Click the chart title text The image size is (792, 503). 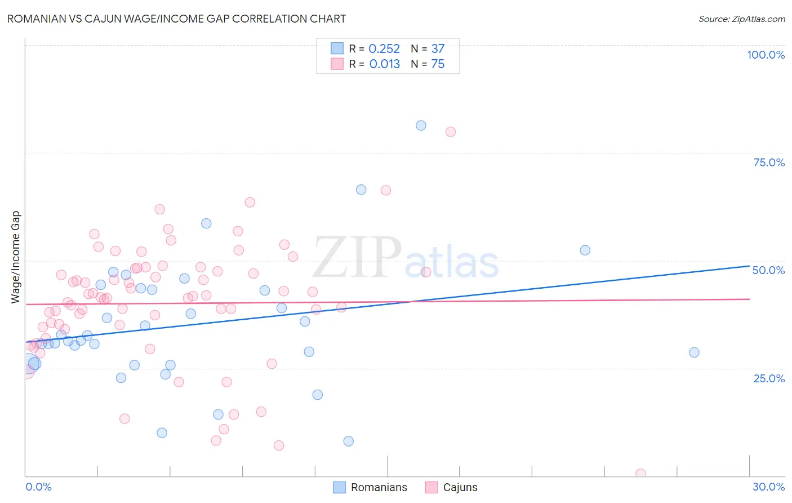tap(176, 19)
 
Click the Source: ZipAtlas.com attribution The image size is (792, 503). tap(741, 19)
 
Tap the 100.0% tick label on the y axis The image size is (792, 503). tap(766, 55)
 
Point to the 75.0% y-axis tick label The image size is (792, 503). tap(769, 162)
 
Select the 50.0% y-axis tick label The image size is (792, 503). tap(768, 270)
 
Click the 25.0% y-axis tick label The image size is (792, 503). tap(769, 378)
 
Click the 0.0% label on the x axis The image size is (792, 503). tap(38, 487)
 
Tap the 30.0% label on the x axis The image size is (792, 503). tap(768, 487)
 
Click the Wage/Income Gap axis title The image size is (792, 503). tap(16, 257)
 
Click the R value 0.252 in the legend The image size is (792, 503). tap(384, 49)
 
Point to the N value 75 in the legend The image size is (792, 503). tap(438, 64)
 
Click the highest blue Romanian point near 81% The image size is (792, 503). tap(421, 126)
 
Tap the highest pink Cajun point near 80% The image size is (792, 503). tap(450, 132)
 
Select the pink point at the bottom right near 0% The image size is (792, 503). tap(640, 474)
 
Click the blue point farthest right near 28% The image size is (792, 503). tap(694, 352)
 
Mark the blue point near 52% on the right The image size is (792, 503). tap(585, 250)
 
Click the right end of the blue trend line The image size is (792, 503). tap(749, 266)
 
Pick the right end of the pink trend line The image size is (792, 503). tap(749, 299)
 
